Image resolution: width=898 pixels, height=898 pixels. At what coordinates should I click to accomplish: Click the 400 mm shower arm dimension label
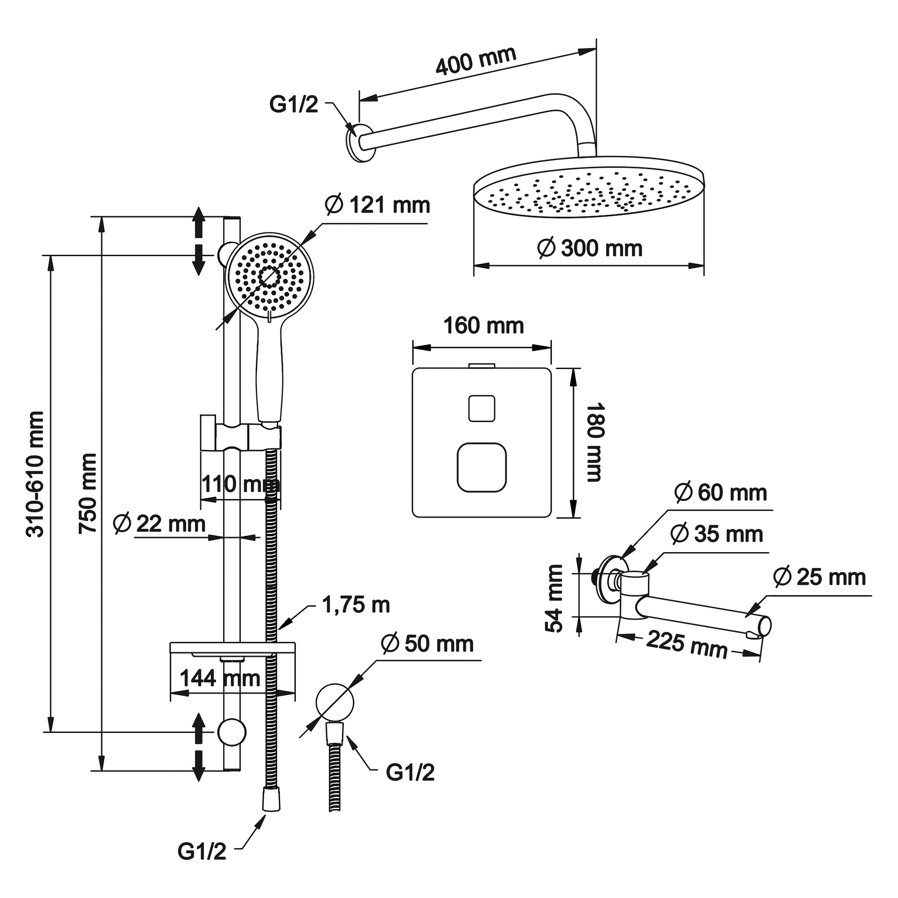[476, 61]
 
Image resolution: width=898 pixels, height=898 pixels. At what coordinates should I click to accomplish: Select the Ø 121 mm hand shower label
[378, 205]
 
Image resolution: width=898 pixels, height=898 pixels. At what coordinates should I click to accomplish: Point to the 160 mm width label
[483, 325]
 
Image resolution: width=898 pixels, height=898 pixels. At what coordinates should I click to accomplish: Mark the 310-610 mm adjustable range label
[35, 474]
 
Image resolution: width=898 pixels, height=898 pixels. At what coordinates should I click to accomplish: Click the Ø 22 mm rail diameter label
[159, 524]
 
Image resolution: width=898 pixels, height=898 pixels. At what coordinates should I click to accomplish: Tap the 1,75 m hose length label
[355, 605]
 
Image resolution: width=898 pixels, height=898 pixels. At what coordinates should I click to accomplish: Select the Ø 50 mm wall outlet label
[427, 644]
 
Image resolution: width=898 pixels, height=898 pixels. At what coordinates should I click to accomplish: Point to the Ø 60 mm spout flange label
[720, 493]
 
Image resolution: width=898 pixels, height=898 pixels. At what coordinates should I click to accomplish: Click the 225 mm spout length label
[687, 645]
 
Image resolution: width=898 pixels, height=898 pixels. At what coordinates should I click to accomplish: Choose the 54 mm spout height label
[554, 599]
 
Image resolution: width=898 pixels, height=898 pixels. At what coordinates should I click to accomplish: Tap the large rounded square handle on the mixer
[482, 467]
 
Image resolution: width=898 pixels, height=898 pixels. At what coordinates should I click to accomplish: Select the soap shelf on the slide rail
[232, 647]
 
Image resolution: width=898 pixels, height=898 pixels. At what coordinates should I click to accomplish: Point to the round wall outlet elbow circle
[335, 703]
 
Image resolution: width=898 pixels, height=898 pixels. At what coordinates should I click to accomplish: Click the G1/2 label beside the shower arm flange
[293, 105]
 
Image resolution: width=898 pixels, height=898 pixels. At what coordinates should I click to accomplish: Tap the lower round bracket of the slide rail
[232, 732]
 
